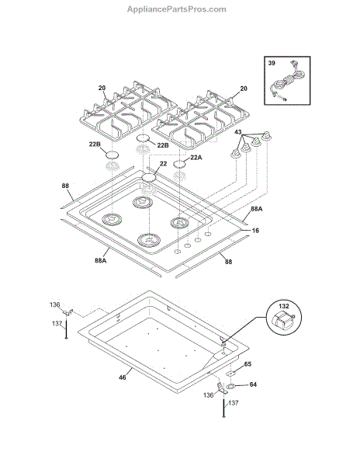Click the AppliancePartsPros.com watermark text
click(177, 9)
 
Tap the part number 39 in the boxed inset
click(272, 63)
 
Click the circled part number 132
click(284, 306)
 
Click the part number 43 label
click(238, 132)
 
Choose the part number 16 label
click(255, 231)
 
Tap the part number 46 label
click(123, 377)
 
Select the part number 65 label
click(247, 364)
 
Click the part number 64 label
click(253, 384)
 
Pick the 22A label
click(196, 158)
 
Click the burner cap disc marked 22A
click(179, 164)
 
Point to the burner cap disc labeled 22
click(149, 178)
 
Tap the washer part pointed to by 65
click(230, 374)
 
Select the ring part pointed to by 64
click(230, 387)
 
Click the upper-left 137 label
click(57, 323)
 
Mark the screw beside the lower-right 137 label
click(223, 408)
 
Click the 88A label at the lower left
click(101, 261)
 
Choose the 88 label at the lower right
click(228, 262)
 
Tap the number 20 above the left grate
click(102, 88)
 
